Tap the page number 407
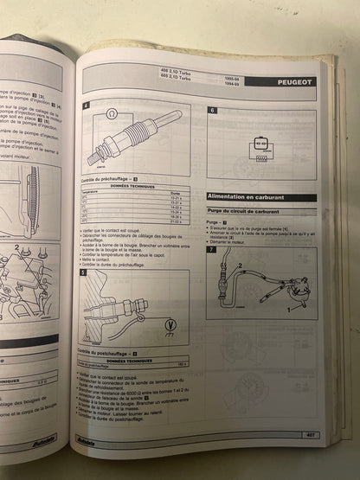(307, 434)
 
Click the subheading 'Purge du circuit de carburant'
(247, 213)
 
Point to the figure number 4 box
(86, 106)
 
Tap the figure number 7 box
(212, 250)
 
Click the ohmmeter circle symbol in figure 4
(111, 113)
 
